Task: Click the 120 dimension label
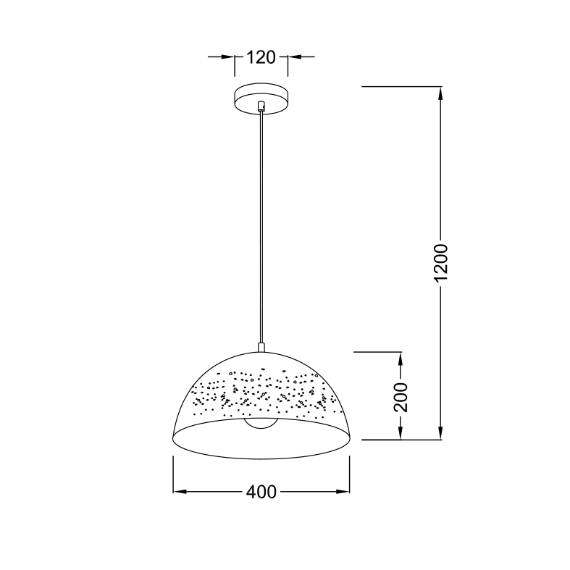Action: pos(261,57)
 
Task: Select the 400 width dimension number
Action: pos(261,493)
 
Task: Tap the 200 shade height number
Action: pos(401,397)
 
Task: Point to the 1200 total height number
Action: pos(441,263)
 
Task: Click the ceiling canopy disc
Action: pos(261,99)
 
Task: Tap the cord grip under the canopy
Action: pos(261,106)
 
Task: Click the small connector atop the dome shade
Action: pos(261,347)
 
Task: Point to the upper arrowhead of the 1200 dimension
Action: pos(440,93)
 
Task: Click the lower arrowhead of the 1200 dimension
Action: pos(440,432)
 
